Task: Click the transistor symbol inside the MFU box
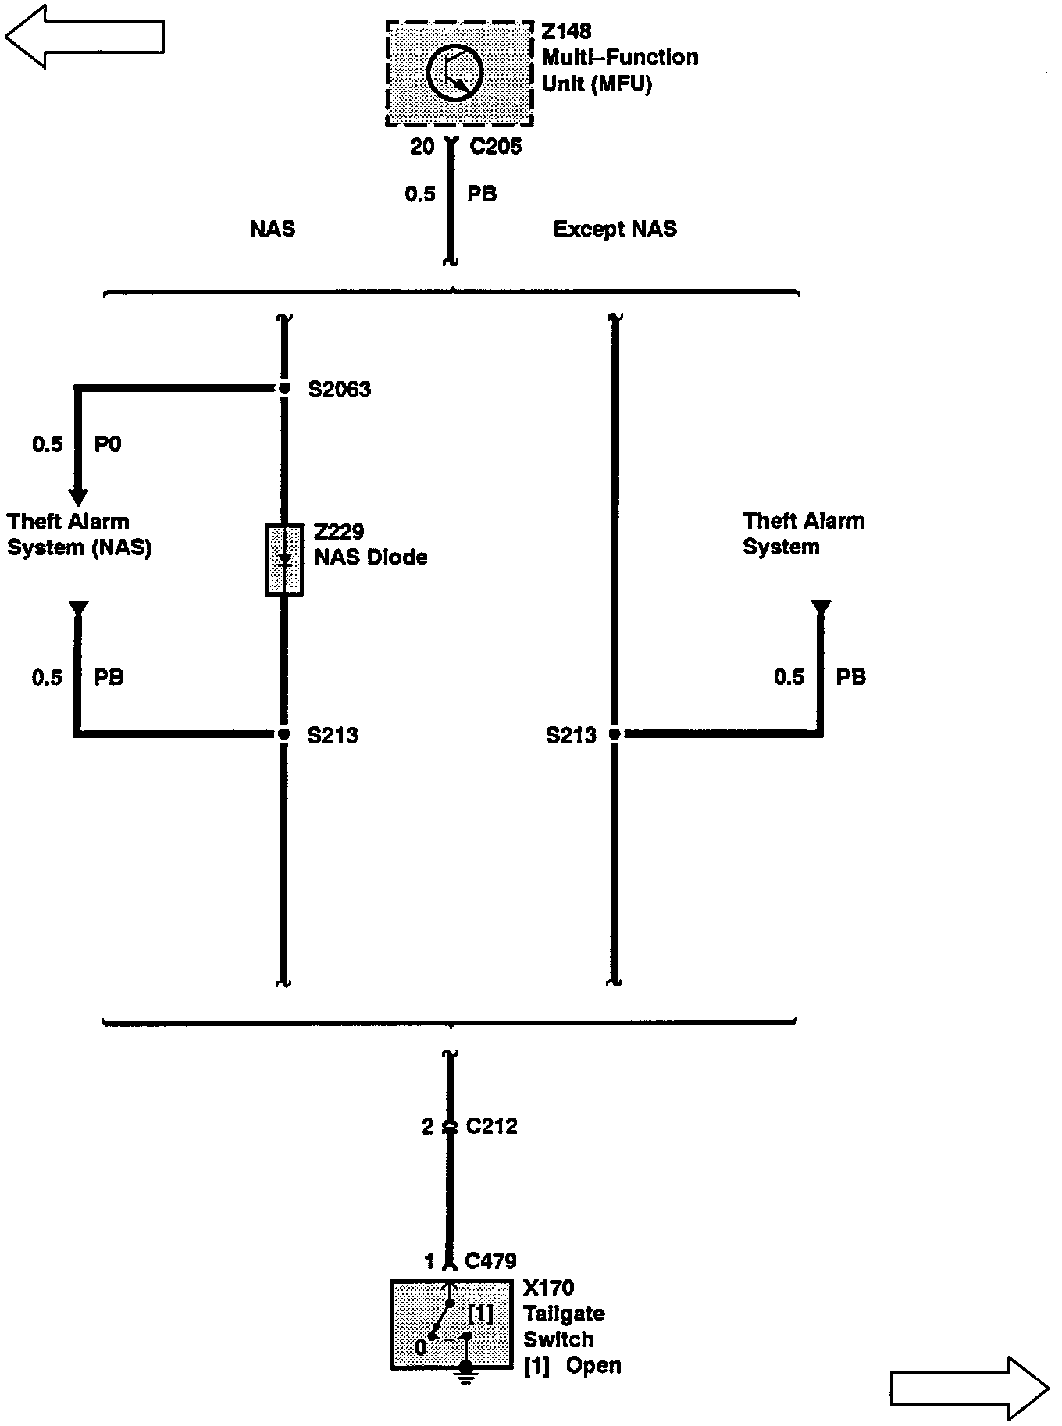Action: point(455,73)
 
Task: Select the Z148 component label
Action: point(566,32)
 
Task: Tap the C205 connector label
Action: point(495,147)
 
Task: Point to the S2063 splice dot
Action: point(284,388)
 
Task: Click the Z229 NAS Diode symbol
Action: point(284,560)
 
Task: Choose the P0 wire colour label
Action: point(108,444)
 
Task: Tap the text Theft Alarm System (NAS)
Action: point(79,534)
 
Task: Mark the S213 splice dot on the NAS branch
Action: point(284,734)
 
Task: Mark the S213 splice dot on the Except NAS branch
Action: point(615,734)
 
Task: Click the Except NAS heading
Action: point(615,230)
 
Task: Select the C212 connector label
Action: point(491,1126)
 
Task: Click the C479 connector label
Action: point(490,1260)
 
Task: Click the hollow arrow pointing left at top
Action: point(84,36)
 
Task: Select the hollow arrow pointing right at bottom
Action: point(969,1388)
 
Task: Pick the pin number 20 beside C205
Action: point(422,147)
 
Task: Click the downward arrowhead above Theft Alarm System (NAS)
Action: point(78,496)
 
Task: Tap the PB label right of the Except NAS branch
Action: point(850,677)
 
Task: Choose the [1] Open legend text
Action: point(572,1366)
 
